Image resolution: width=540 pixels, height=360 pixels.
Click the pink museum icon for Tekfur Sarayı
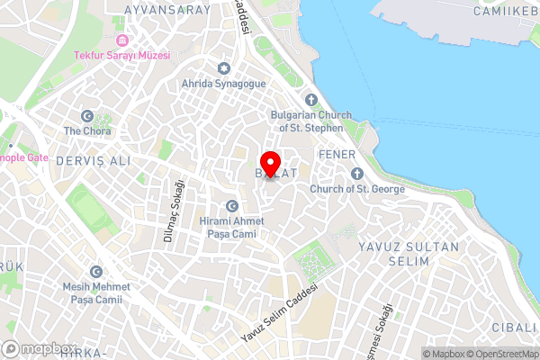coord(121,40)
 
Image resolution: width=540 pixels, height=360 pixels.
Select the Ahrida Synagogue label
coord(225,84)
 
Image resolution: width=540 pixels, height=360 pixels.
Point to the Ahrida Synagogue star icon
coord(224,69)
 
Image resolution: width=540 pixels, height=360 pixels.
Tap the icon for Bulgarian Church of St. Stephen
coord(311,100)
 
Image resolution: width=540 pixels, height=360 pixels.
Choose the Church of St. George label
coord(356,189)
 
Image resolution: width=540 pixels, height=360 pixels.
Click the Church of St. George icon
coord(356,173)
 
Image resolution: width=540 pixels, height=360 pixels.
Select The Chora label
coord(86,130)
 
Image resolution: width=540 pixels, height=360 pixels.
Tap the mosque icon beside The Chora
coord(87,116)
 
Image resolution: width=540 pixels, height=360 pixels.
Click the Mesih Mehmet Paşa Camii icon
coord(95,272)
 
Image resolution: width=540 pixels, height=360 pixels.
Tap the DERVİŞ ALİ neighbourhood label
coord(93,160)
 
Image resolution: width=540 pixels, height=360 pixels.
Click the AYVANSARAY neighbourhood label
coord(167,10)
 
